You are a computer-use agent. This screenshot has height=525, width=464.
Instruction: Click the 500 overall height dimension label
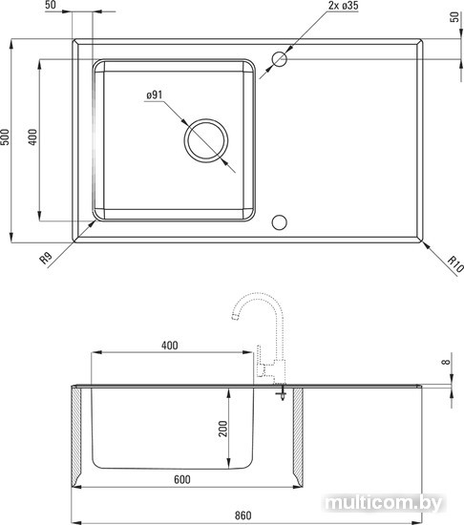pos(5,136)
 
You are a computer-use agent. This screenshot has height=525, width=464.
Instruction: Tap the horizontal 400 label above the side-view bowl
pos(169,346)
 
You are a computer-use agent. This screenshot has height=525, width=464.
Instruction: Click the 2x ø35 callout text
pos(343,6)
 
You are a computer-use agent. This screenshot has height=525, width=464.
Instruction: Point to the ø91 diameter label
pos(154,95)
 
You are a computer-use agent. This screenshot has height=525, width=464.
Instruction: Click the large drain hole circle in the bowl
pos(206,140)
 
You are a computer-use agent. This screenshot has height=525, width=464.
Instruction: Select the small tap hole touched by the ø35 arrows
pos(279,59)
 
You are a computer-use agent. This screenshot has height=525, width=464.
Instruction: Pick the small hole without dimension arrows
pos(279,222)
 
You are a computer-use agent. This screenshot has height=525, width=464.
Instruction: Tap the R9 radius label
pos(46,259)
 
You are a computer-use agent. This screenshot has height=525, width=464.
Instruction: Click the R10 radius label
pos(455,263)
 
